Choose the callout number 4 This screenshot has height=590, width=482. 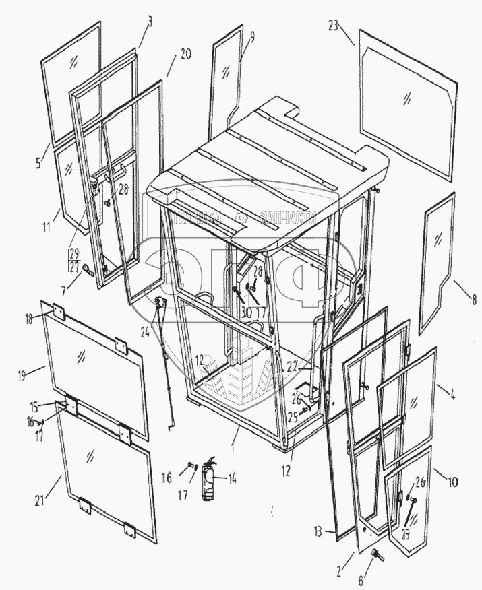click(443, 389)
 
